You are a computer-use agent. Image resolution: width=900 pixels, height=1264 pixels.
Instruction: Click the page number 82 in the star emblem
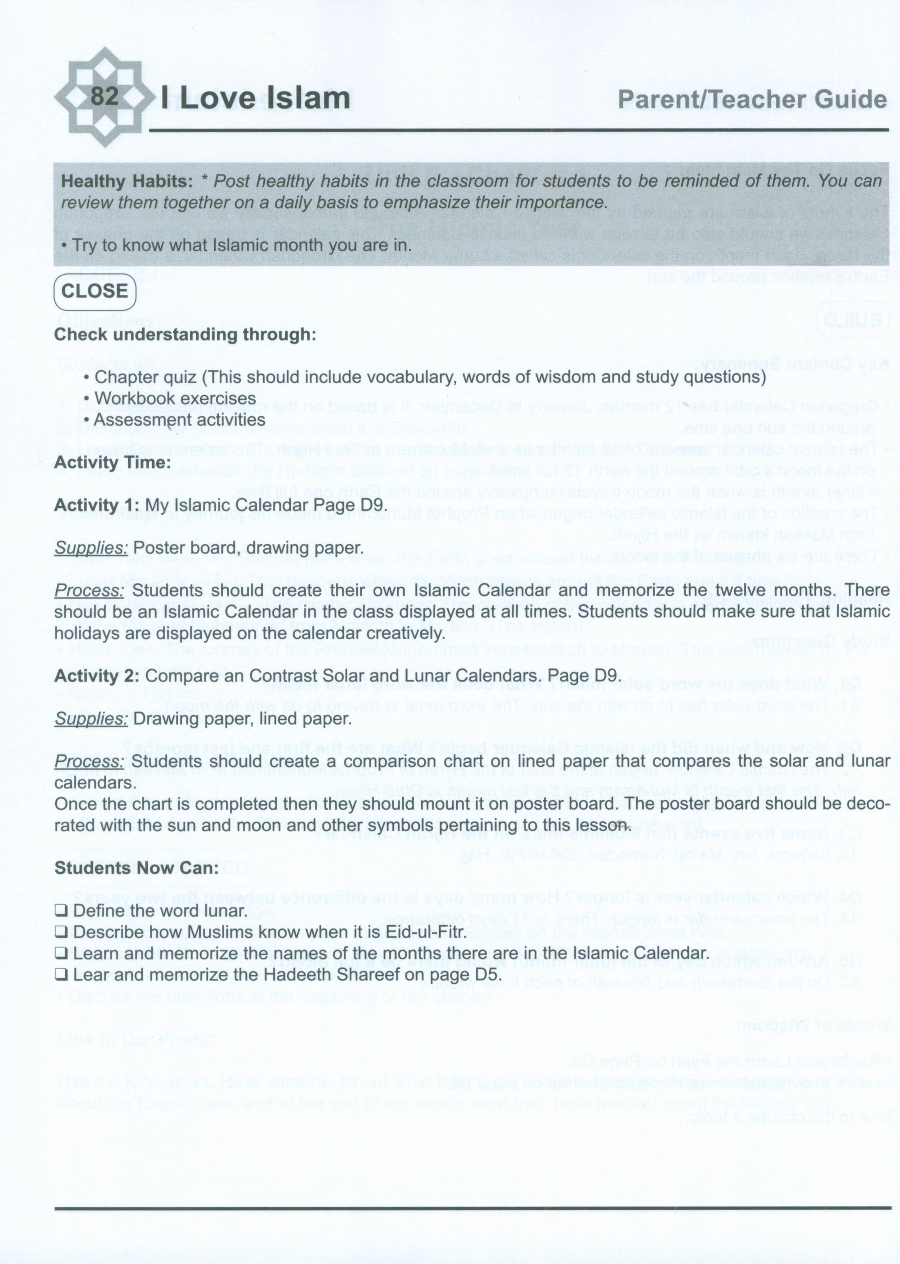tap(104, 96)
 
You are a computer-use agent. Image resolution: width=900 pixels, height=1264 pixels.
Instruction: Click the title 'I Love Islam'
tap(256, 99)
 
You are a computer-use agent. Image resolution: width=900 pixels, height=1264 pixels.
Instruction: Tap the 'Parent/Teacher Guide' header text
tap(752, 100)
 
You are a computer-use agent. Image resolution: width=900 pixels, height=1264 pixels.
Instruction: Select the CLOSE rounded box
tap(95, 291)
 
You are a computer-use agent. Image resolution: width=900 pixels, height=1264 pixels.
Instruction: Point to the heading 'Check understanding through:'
tap(185, 335)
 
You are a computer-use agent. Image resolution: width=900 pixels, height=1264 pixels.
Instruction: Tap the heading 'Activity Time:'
tap(112, 462)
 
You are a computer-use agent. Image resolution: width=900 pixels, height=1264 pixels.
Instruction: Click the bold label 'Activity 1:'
tap(97, 505)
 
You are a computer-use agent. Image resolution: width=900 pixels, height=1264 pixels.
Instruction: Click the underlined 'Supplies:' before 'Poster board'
tap(91, 548)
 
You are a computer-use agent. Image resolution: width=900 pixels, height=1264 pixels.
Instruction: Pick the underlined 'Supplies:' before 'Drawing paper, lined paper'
tap(91, 719)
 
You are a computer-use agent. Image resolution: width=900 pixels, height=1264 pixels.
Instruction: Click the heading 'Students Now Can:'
tap(136, 868)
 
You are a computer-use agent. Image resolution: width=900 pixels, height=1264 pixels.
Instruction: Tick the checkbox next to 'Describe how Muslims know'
tap(61, 932)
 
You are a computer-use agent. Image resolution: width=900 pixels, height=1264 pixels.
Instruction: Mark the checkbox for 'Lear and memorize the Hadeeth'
tap(61, 975)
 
